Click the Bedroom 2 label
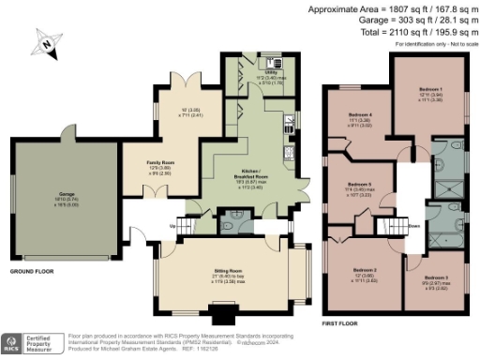(364, 271)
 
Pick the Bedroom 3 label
(435, 278)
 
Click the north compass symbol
(46, 40)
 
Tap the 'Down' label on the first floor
(412, 225)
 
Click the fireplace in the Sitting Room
(223, 313)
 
